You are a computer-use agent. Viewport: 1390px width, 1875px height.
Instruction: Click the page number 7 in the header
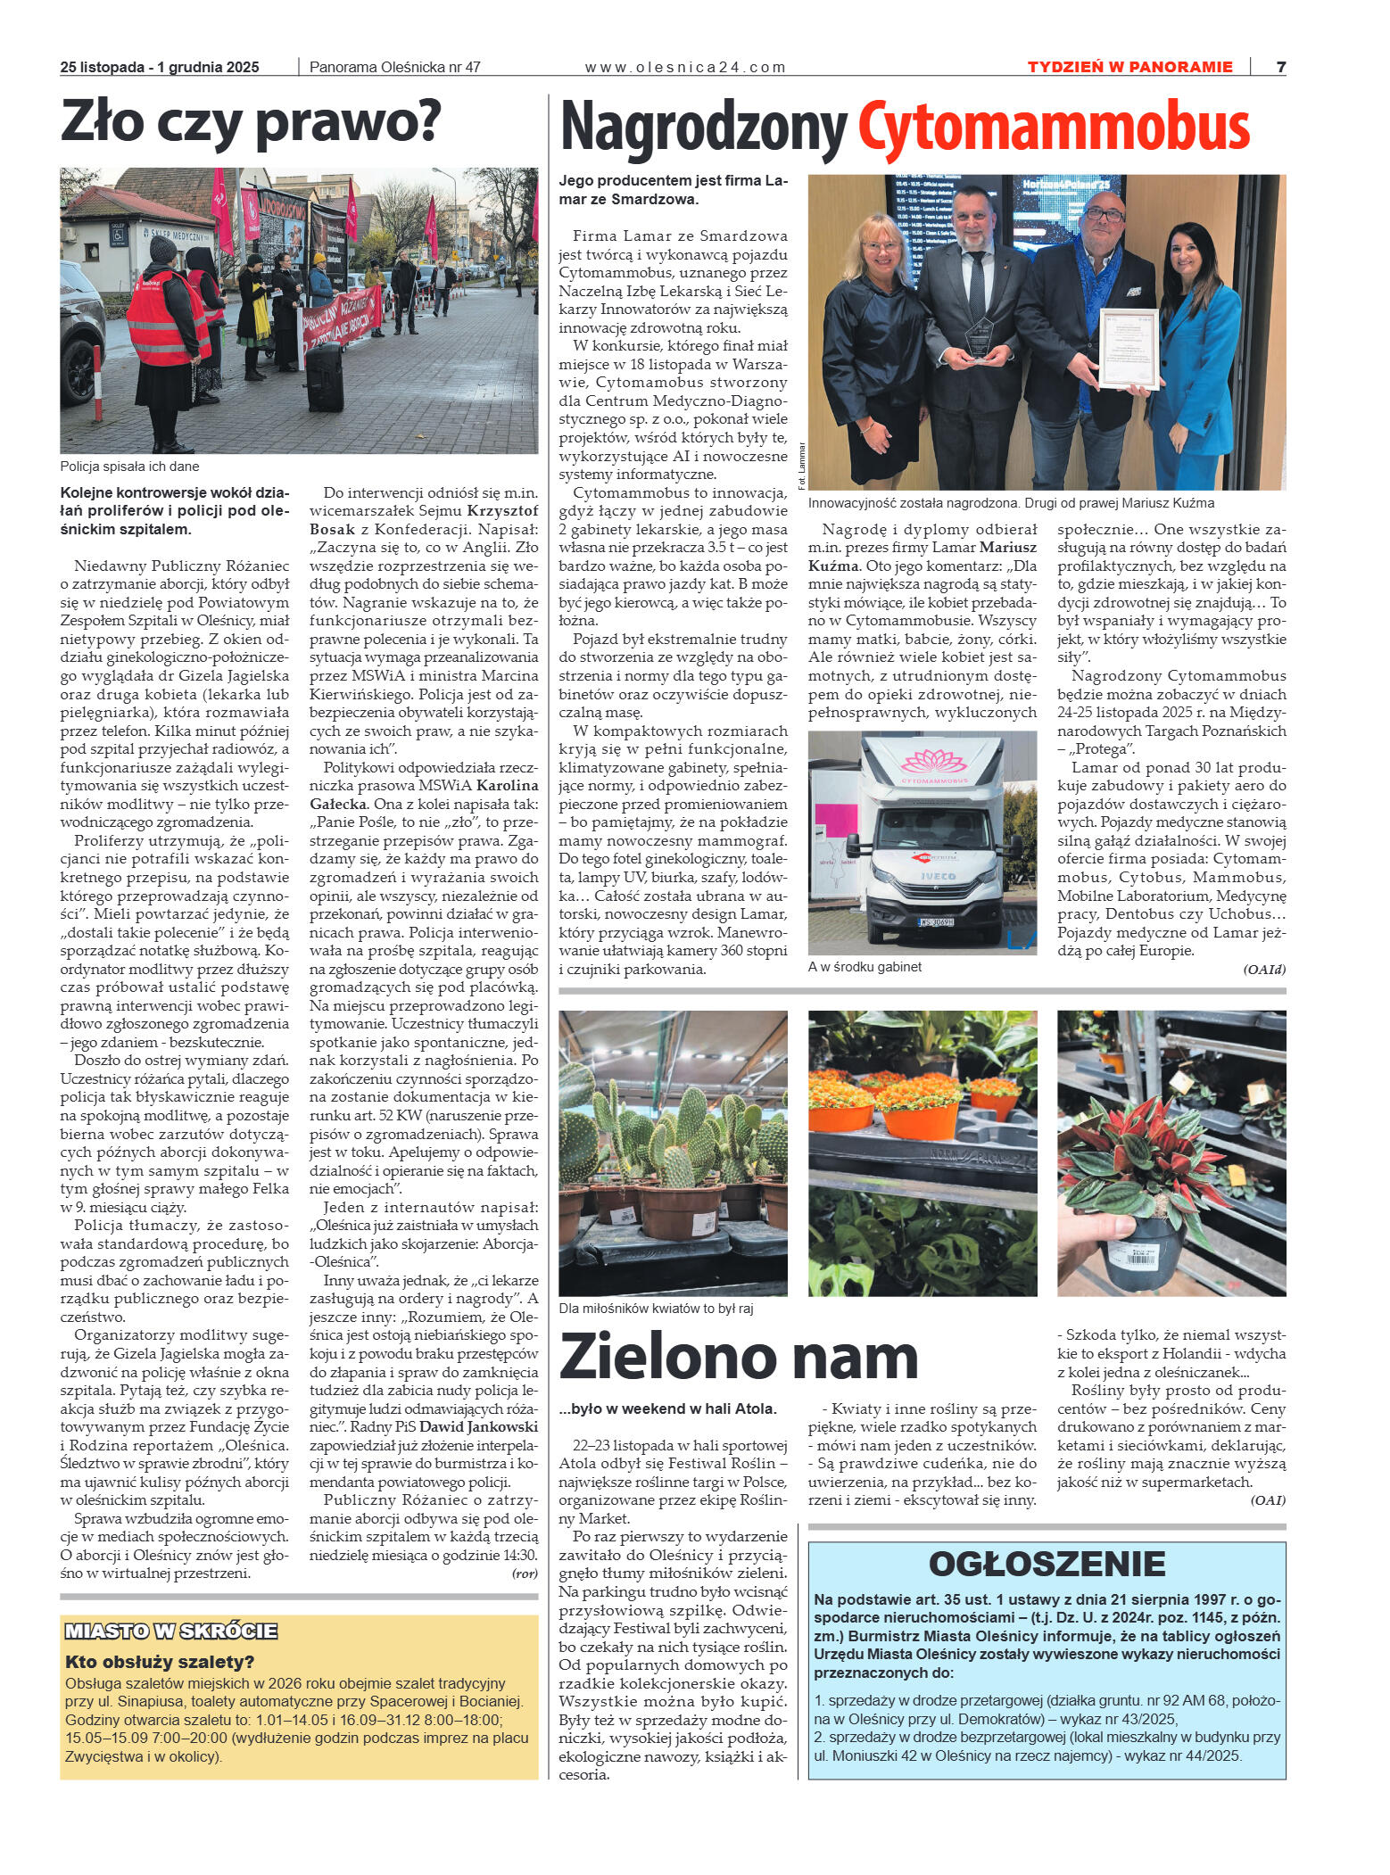(x=1280, y=67)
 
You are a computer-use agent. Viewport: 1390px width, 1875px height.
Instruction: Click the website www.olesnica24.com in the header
(x=684, y=67)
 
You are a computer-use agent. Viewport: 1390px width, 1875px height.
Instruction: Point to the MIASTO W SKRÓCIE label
(x=171, y=1631)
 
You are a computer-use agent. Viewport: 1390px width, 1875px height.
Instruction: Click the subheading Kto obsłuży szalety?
(x=160, y=1661)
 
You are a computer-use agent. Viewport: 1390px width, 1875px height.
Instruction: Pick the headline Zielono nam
(x=738, y=1358)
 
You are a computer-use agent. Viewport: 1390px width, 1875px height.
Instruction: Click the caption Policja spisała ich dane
(x=129, y=467)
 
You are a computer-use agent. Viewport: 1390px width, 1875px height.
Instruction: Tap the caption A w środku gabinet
(x=864, y=966)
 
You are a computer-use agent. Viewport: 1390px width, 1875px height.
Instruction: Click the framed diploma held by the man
(x=1128, y=349)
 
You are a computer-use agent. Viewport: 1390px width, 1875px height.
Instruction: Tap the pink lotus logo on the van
(x=933, y=762)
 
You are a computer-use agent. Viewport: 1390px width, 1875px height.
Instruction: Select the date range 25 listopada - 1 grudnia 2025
(x=160, y=67)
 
